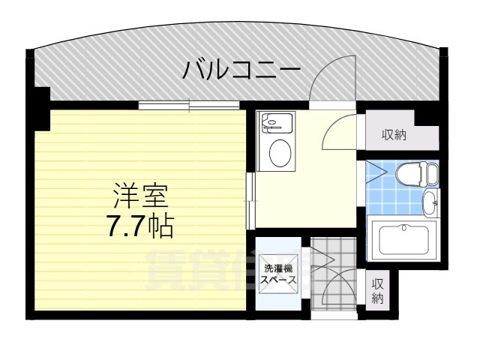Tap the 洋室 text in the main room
click(140, 196)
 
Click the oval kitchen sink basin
click(280, 154)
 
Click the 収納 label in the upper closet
click(394, 135)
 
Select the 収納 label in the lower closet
click(377, 291)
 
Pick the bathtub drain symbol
click(405, 228)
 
